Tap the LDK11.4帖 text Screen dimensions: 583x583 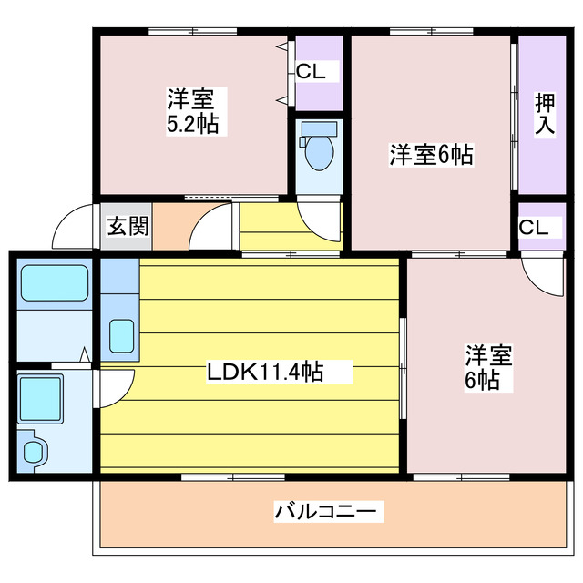pos(265,371)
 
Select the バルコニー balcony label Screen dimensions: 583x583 pos(325,512)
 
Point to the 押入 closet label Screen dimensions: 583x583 pos(545,114)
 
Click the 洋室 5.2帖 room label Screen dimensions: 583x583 pos(191,111)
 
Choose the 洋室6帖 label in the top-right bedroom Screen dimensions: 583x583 pos(431,155)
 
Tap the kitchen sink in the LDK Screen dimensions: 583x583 pos(122,336)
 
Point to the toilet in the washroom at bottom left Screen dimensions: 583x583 pos(34,451)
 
